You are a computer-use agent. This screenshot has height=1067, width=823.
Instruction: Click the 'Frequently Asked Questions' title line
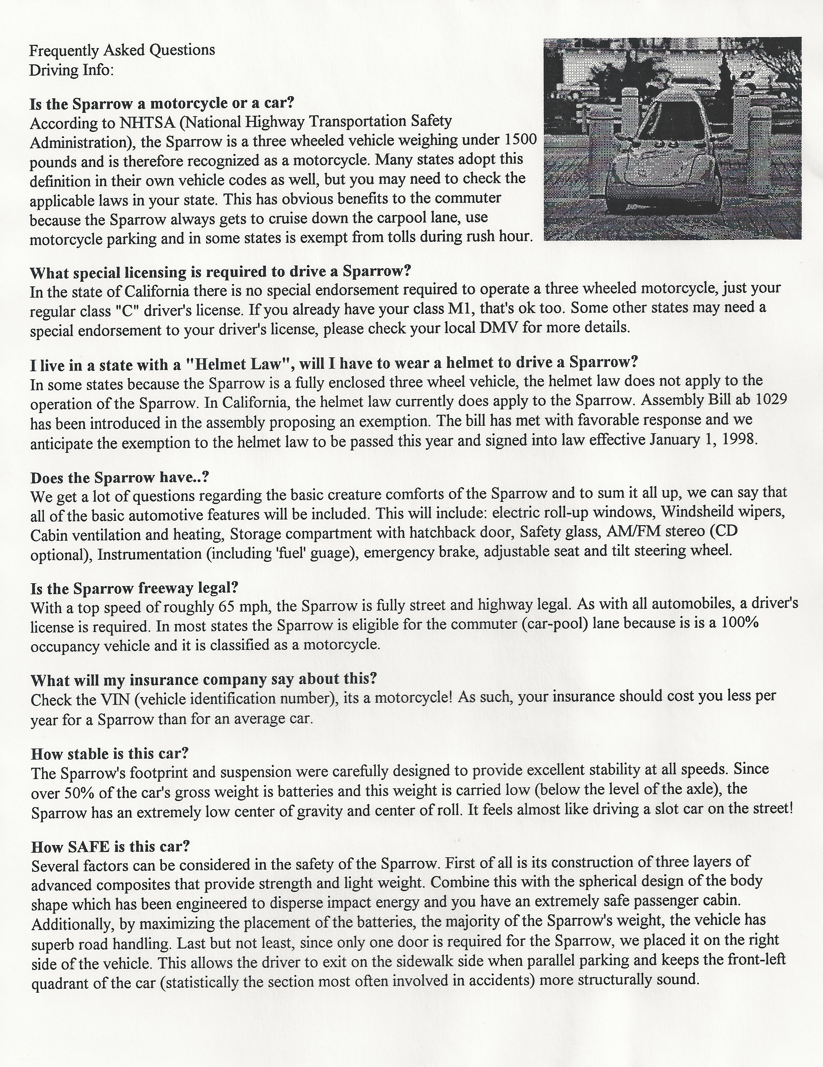pyautogui.click(x=122, y=50)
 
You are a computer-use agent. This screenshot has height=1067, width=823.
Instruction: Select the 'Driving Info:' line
pyautogui.click(x=71, y=70)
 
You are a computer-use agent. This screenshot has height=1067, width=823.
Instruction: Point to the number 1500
pyautogui.click(x=519, y=140)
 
